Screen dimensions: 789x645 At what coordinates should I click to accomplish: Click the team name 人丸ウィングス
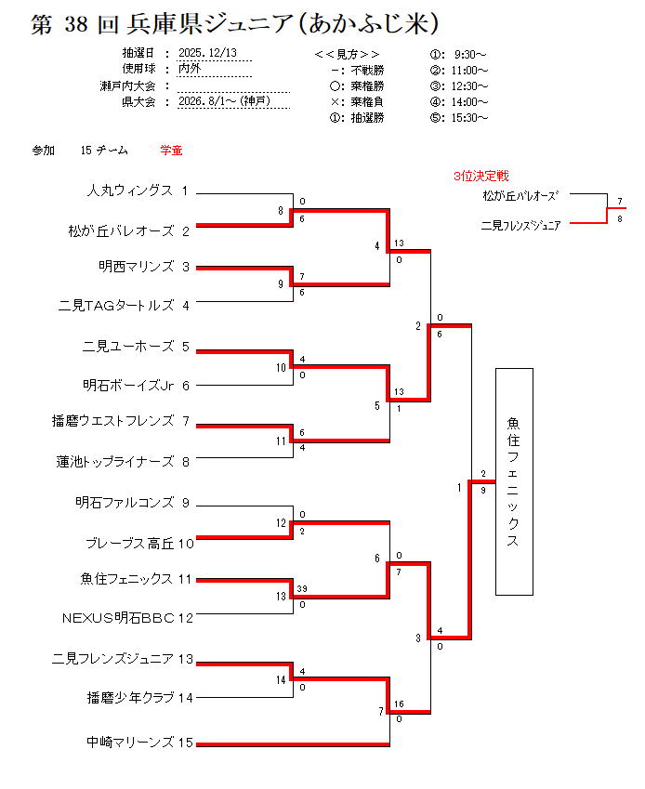click(129, 191)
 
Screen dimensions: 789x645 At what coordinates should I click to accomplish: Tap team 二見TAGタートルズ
click(116, 304)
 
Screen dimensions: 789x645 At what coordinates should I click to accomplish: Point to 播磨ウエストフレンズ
click(112, 422)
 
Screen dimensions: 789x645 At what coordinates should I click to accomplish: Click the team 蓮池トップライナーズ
click(115, 461)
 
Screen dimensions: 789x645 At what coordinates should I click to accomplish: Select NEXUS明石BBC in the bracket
click(118, 617)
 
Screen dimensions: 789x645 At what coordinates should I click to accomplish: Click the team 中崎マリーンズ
click(130, 742)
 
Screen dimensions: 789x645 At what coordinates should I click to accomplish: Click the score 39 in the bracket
click(302, 589)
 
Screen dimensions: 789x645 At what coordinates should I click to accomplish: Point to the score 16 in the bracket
click(399, 704)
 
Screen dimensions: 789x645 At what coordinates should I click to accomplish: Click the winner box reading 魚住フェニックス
click(514, 481)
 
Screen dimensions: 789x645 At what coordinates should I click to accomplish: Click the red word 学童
click(171, 150)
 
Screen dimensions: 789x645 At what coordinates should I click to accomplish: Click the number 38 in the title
click(75, 24)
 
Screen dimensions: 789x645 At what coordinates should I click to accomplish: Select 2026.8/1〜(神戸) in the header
click(224, 101)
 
